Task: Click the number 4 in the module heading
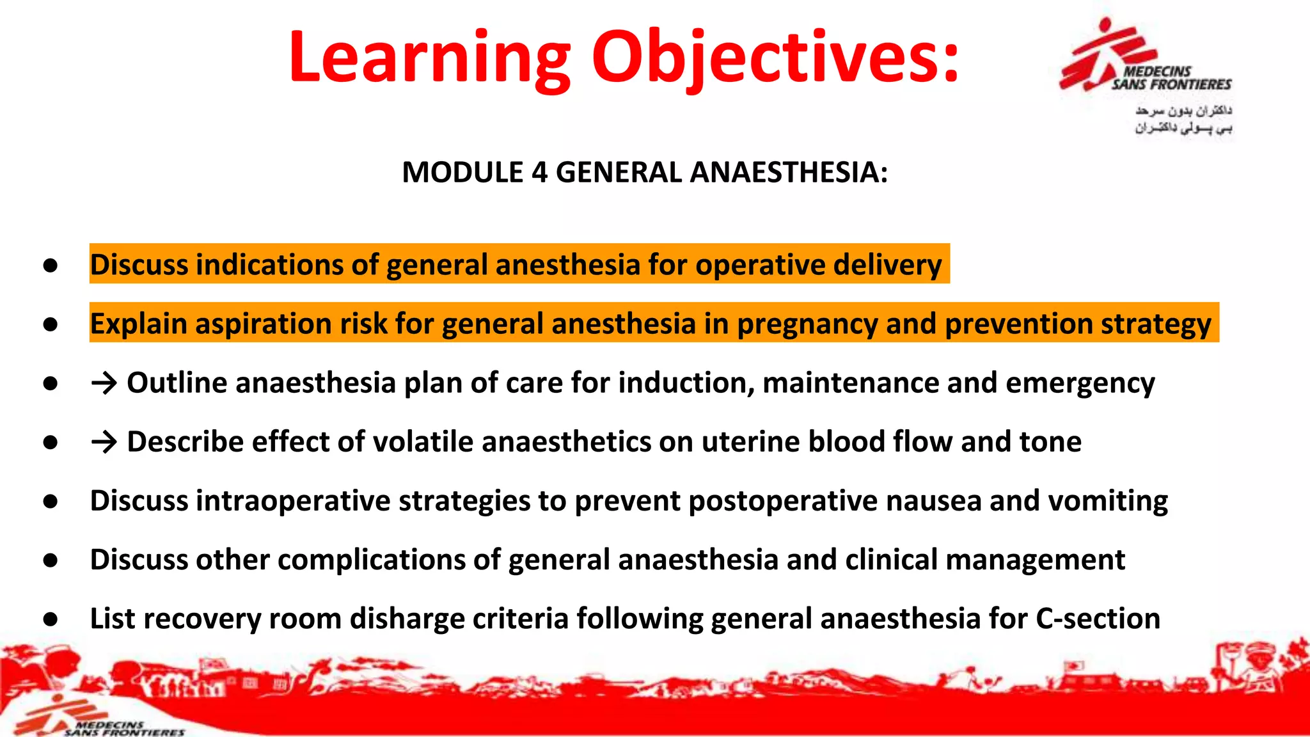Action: [x=539, y=173]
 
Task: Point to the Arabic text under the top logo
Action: [x=1183, y=120]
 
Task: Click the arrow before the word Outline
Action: [x=104, y=383]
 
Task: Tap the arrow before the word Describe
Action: [x=104, y=442]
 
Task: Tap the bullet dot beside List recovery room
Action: [x=51, y=619]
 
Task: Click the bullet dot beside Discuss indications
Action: [x=51, y=265]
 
